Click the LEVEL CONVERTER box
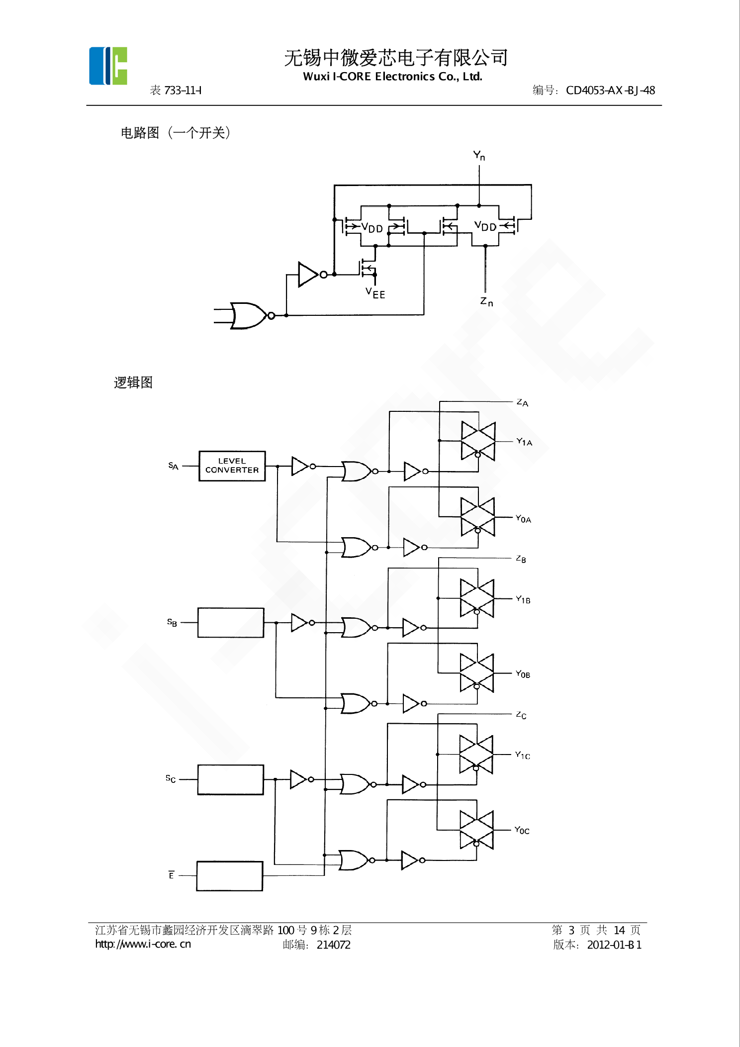click(x=232, y=466)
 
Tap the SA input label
click(x=173, y=466)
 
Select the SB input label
click(x=172, y=622)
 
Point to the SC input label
click(x=171, y=778)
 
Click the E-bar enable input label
click(x=171, y=875)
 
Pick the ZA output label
click(x=522, y=402)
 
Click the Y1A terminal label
click(x=524, y=442)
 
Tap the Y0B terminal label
click(x=523, y=674)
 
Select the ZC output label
click(x=521, y=715)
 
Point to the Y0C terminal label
click(x=522, y=830)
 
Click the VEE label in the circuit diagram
click(x=375, y=293)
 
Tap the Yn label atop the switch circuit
click(x=479, y=156)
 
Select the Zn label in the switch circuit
click(x=487, y=301)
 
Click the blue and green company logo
click(x=108, y=66)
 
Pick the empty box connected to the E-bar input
click(x=230, y=876)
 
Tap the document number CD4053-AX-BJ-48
click(x=610, y=91)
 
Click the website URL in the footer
click(x=143, y=944)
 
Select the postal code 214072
click(x=334, y=945)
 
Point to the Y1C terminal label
click(x=523, y=755)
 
